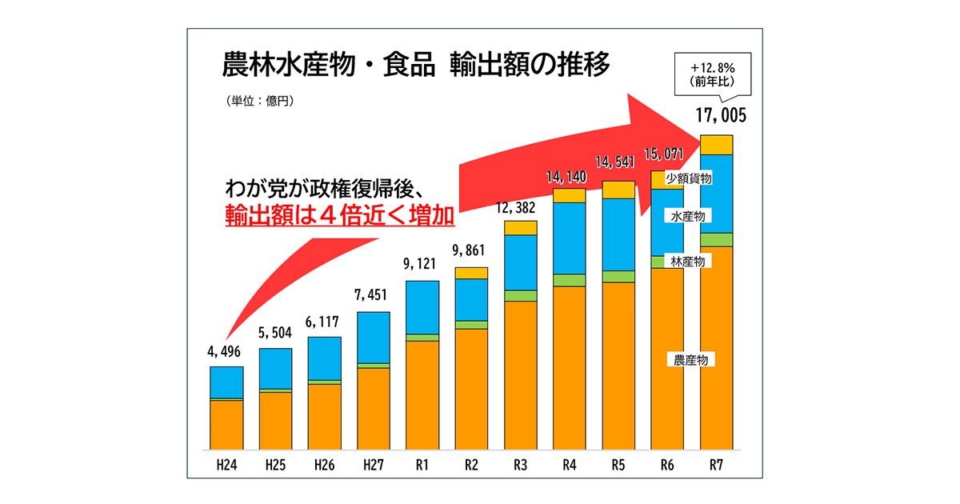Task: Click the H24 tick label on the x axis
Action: (226, 464)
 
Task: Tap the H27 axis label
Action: (373, 464)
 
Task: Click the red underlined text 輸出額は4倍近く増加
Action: (339, 218)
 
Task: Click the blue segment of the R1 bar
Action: (422, 307)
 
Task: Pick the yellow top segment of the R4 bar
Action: (569, 196)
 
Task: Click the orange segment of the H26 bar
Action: (324, 416)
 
